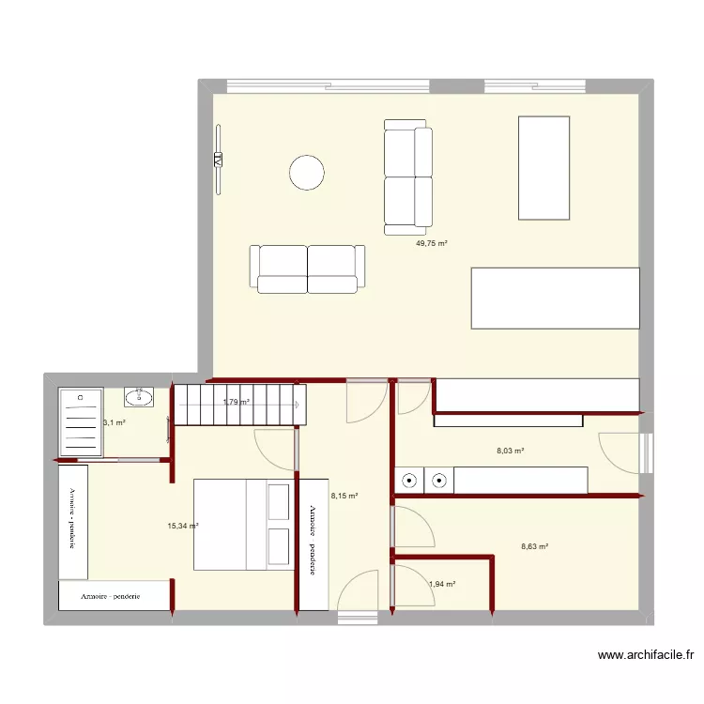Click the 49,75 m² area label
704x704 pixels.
(431, 243)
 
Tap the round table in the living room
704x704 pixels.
(307, 172)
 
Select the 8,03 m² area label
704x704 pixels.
(510, 451)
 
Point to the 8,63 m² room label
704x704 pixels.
(534, 546)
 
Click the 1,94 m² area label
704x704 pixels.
(441, 584)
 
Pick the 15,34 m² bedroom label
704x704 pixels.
(183, 526)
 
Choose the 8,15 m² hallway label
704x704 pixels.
(344, 496)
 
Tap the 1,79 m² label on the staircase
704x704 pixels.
(236, 403)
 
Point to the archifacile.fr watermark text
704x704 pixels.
(647, 657)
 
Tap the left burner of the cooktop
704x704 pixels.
(410, 481)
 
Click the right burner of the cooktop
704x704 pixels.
(439, 481)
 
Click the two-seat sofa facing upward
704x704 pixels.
(307, 269)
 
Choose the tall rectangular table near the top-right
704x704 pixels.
(544, 167)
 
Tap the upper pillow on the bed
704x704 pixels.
(278, 501)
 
